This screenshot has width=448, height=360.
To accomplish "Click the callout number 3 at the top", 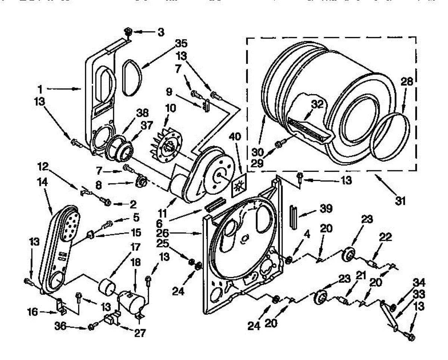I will [161, 32].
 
